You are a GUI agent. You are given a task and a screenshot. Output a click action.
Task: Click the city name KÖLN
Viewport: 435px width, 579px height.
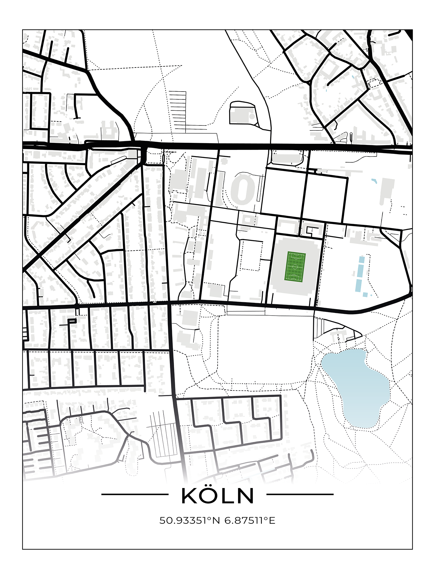[217, 496]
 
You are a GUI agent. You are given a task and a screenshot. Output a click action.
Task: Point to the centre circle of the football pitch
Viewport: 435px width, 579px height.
[295, 267]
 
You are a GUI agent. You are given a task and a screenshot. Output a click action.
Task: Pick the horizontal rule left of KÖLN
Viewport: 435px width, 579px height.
[135, 494]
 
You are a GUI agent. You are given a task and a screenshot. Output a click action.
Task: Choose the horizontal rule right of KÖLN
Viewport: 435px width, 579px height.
[300, 494]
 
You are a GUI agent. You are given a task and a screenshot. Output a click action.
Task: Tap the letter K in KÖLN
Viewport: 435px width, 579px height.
[190, 497]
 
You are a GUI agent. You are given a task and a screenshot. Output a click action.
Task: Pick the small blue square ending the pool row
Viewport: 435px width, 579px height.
[365, 294]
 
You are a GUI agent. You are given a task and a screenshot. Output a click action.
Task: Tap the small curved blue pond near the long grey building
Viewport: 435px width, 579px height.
[374, 181]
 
